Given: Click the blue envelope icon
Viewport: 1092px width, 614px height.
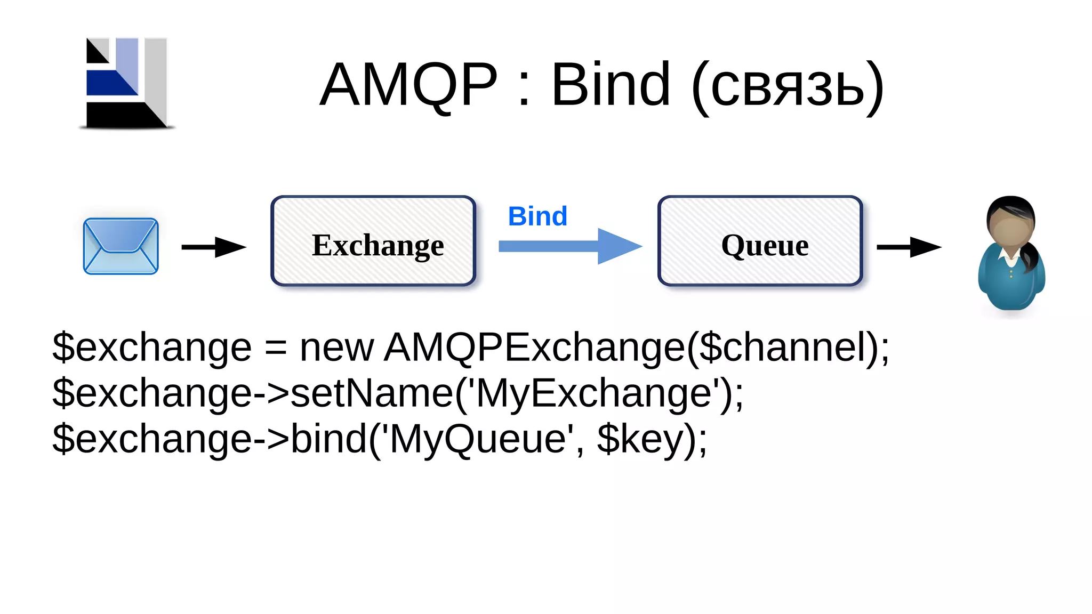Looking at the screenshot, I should pyautogui.click(x=121, y=246).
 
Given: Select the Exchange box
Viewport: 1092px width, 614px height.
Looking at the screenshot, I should pyautogui.click(x=373, y=241).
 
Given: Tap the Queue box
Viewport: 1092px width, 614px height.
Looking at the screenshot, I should pyautogui.click(x=760, y=241).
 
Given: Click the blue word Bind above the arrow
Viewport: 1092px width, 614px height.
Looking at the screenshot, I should pyautogui.click(x=537, y=216).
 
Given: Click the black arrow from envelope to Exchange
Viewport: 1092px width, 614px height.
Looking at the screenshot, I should pyautogui.click(x=213, y=247).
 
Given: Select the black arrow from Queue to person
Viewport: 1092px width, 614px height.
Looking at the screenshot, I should pyautogui.click(x=909, y=247).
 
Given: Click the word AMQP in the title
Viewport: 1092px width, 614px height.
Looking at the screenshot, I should pyautogui.click(x=408, y=85).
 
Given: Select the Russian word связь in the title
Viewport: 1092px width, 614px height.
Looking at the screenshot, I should pyautogui.click(x=788, y=88).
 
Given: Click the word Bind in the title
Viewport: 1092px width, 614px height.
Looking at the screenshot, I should pyautogui.click(x=610, y=85).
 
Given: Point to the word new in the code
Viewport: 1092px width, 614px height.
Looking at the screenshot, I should pyautogui.click(x=336, y=348).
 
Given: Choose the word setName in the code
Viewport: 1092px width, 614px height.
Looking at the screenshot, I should pyautogui.click(x=371, y=393).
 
